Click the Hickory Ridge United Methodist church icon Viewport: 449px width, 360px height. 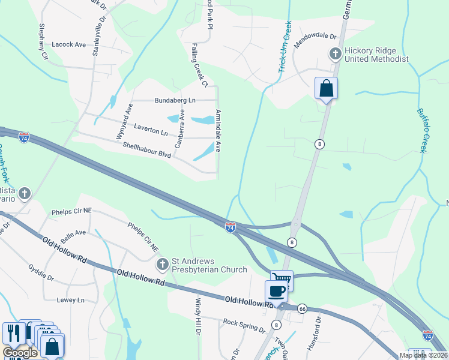335,54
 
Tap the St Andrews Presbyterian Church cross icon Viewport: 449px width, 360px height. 162,264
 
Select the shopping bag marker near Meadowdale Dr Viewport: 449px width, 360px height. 326,88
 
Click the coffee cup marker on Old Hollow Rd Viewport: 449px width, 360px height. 276,292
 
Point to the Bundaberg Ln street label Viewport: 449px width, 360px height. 175,100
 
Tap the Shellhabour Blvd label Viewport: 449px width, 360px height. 147,150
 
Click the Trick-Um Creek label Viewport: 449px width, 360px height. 284,48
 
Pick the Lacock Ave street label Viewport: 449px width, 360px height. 69,44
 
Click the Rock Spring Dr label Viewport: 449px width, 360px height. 244,326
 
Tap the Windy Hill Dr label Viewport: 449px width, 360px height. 197,317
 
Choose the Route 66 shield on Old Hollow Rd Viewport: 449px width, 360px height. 302,308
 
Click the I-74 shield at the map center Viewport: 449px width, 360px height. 231,227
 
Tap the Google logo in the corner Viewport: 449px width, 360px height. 20,353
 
